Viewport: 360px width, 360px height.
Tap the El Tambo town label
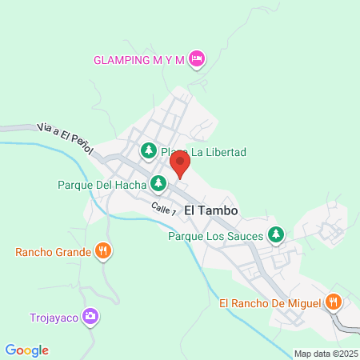pyautogui.click(x=215, y=210)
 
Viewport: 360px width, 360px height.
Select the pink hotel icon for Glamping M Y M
pyautogui.click(x=197, y=58)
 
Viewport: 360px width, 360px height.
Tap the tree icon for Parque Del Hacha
pyautogui.click(x=158, y=185)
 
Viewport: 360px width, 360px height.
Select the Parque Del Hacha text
pyautogui.click(x=102, y=185)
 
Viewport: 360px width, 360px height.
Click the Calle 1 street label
pyautogui.click(x=163, y=208)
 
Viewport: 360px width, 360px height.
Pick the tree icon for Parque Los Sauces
pyautogui.click(x=276, y=235)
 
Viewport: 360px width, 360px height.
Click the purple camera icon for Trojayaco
pyautogui.click(x=92, y=316)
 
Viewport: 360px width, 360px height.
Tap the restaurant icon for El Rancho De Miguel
pyautogui.click(x=334, y=302)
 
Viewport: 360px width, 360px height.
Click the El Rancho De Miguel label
pyautogui.click(x=270, y=302)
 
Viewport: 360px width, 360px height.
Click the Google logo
pyautogui.click(x=27, y=350)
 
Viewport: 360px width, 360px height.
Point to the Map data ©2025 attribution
pyautogui.click(x=325, y=354)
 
